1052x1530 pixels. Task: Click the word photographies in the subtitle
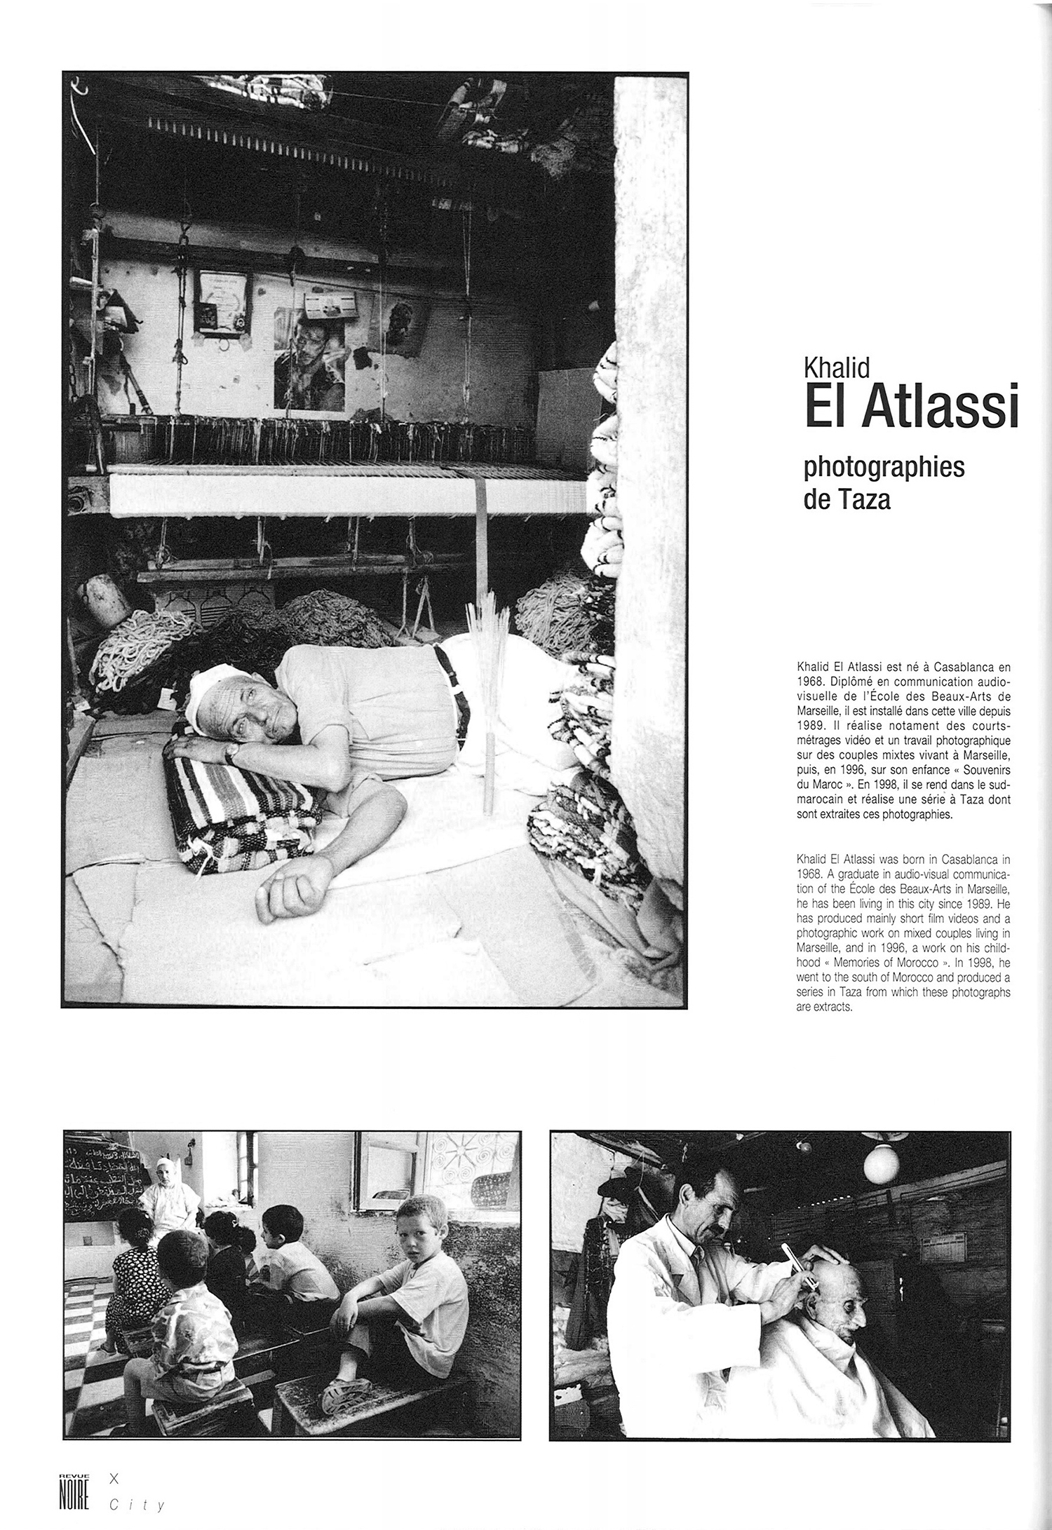pyautogui.click(x=884, y=467)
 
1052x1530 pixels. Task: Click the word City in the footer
pyautogui.click(x=137, y=1505)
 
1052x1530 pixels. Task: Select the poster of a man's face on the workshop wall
pyautogui.click(x=310, y=365)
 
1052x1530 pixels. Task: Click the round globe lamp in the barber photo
pyautogui.click(x=881, y=1165)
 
